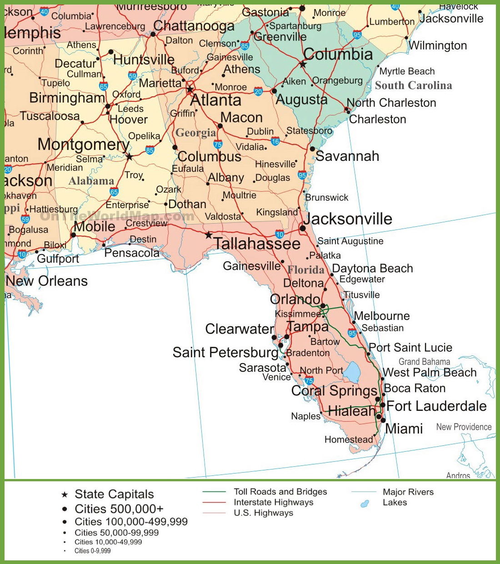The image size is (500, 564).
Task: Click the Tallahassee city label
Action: coord(257,244)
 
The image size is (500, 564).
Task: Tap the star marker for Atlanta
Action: coord(190,89)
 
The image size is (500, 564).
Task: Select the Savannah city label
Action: coord(347,156)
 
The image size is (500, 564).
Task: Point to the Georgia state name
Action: coord(196,133)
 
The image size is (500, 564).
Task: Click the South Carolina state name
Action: coord(413,85)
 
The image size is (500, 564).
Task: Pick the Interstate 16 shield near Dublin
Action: coord(275,141)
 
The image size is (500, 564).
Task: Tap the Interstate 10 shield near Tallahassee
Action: coord(280,235)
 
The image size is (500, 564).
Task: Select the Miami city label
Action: coord(404,429)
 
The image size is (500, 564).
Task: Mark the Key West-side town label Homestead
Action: coord(349,439)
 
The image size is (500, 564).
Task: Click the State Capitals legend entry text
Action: coord(114,494)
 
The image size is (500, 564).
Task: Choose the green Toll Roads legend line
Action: coord(214,492)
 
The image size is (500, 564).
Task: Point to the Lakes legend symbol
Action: coord(364,504)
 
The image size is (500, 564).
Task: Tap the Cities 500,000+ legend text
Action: coord(119,509)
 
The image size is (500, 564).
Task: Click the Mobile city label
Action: coord(94,226)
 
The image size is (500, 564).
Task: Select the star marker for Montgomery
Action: coord(130,157)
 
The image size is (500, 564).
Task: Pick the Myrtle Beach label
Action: coord(407,71)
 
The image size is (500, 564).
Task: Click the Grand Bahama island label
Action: coord(424,362)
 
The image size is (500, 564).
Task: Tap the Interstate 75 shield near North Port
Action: coord(309,381)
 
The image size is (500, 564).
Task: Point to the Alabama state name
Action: coord(91,181)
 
